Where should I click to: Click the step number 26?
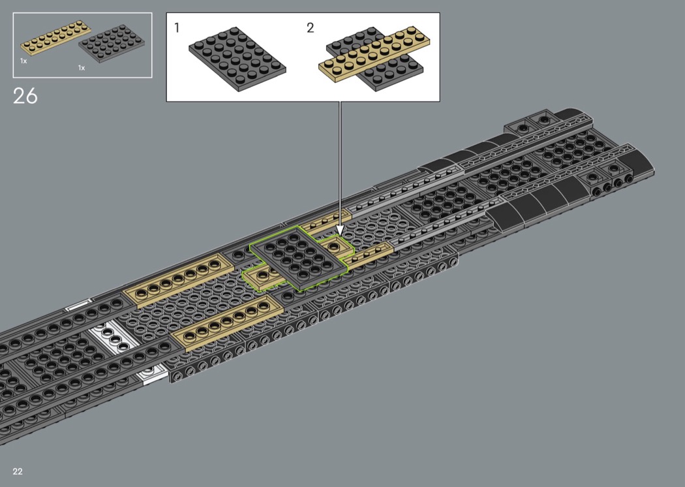tap(25, 96)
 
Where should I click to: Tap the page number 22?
tap(18, 471)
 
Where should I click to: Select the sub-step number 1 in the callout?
tap(177, 28)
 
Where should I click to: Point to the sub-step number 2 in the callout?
tap(310, 28)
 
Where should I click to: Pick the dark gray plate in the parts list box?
tap(112, 44)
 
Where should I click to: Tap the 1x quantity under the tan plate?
tap(23, 61)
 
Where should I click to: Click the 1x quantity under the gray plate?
tap(82, 68)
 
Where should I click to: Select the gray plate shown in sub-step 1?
tap(237, 59)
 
